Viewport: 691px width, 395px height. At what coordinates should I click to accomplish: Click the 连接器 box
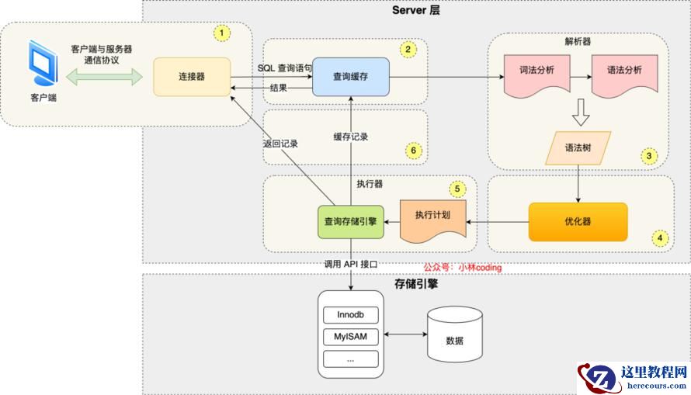(191, 77)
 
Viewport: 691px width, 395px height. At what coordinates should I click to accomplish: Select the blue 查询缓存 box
(351, 77)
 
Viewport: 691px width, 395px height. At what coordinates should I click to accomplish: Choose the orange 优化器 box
(578, 221)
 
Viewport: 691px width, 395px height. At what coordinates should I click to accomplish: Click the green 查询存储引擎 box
(351, 221)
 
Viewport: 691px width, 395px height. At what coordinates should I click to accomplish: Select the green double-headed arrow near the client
(105, 76)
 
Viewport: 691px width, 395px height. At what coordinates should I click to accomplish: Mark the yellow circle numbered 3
(649, 155)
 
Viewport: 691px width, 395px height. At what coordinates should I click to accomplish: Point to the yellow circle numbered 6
(415, 151)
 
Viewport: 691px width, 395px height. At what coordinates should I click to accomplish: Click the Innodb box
(351, 315)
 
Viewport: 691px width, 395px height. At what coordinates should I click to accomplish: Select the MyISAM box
(351, 337)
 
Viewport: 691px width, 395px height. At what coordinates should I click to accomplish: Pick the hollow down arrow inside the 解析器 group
(580, 112)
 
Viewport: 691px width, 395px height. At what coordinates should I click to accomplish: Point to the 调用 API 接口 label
(351, 265)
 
